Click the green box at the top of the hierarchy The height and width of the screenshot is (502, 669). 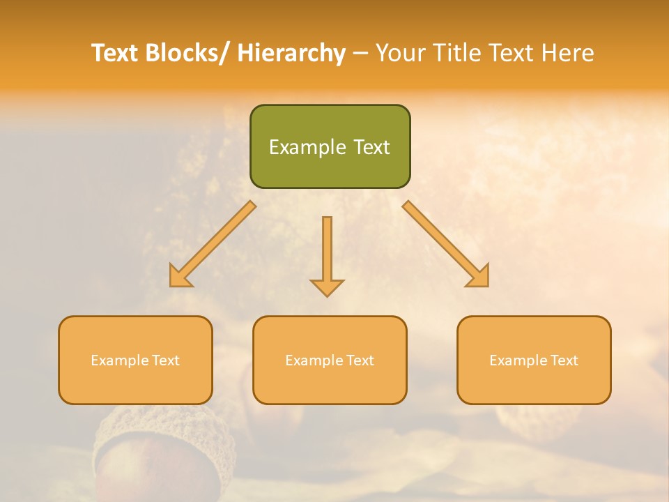[330, 146]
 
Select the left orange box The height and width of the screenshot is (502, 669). [135, 360]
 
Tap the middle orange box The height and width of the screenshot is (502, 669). [330, 360]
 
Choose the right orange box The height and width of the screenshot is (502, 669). [534, 360]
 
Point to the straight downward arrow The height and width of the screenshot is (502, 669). [327, 255]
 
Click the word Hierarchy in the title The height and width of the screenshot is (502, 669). [291, 53]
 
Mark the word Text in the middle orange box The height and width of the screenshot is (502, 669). [360, 360]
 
